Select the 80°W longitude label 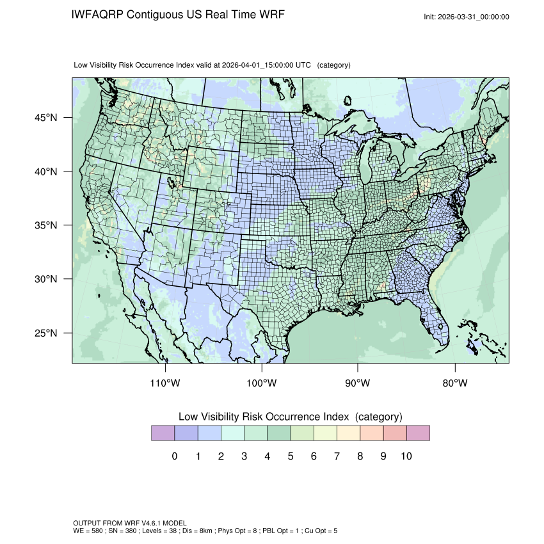(455, 383)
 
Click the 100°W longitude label (262, 383)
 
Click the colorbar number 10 (406, 456)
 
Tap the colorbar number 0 (174, 456)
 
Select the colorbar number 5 (290, 456)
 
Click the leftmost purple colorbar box (163, 433)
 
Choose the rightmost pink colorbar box (418, 433)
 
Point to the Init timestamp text (467, 17)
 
